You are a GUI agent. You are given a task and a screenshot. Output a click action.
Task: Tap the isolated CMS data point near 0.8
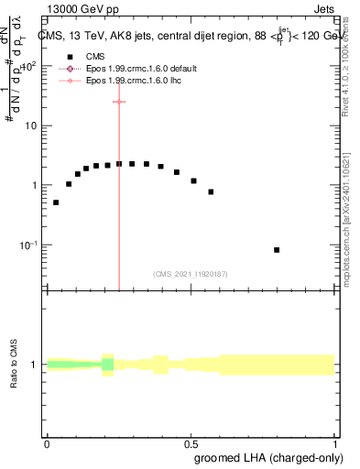click(277, 249)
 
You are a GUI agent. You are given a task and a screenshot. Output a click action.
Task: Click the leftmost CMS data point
click(56, 202)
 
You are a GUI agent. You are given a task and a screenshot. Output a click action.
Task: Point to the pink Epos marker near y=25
click(119, 102)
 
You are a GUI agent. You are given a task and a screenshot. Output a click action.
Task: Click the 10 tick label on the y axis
click(30, 125)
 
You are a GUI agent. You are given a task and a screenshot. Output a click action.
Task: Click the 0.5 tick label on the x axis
click(191, 443)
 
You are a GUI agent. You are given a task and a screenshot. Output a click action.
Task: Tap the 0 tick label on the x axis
click(47, 443)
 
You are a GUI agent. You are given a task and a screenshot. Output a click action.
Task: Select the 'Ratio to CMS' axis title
click(15, 365)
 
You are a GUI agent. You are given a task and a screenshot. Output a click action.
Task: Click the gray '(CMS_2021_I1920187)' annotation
click(191, 273)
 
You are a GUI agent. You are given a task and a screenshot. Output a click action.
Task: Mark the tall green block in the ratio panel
click(108, 365)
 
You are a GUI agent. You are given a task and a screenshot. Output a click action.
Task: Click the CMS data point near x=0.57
click(211, 191)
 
